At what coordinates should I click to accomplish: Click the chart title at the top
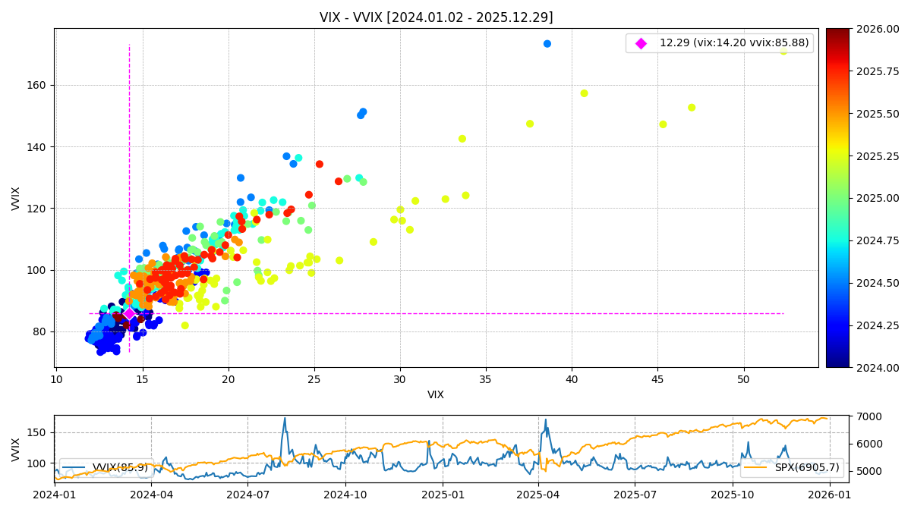(x=436, y=17)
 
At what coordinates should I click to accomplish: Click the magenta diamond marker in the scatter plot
(x=129, y=313)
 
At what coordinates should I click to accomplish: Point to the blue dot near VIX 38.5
(x=547, y=44)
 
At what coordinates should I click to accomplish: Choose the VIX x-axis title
(x=436, y=394)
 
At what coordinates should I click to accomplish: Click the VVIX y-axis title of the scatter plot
(x=16, y=198)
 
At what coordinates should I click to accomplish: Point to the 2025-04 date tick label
(x=538, y=495)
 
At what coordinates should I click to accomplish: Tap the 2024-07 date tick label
(x=247, y=495)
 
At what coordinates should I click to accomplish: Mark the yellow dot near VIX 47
(x=692, y=108)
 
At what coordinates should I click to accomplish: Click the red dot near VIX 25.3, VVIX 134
(x=320, y=164)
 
